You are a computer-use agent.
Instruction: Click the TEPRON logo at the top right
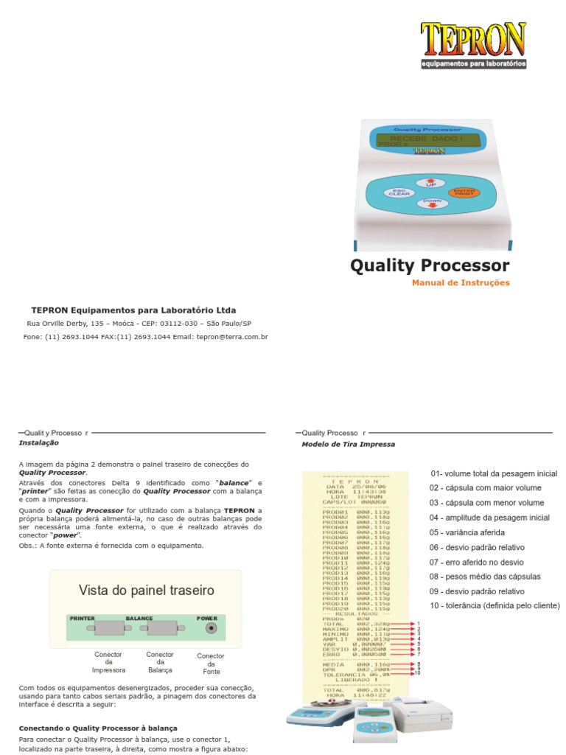coord(473,44)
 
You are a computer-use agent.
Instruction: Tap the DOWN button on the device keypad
coord(432,203)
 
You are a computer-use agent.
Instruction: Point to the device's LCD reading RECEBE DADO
coord(427,139)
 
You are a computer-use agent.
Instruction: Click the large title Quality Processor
coord(430,265)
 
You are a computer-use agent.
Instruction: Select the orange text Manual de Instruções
coord(461,283)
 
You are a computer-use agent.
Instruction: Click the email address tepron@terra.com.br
coord(233,336)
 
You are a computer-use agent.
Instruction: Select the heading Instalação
coord(38,443)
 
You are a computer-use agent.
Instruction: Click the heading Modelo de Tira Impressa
coord(348,445)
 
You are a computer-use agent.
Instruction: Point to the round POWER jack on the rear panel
coord(212,628)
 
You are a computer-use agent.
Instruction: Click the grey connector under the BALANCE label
coord(161,628)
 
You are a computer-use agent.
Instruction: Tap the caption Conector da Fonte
coord(211,664)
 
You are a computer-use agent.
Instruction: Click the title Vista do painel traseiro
coord(146,591)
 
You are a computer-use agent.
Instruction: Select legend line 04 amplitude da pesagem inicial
coord(489,518)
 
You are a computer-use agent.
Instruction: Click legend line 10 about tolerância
coord(495,605)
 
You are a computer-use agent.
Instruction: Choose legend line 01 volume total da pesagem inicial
coord(493,473)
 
